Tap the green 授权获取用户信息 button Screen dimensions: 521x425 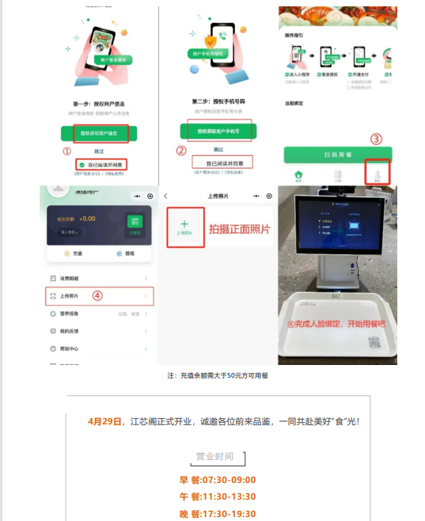point(100,134)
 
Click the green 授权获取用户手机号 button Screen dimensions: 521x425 point(218,129)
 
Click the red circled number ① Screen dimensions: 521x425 point(67,151)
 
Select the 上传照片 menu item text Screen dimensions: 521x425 point(70,297)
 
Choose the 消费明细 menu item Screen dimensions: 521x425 point(70,280)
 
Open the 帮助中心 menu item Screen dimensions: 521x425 point(70,348)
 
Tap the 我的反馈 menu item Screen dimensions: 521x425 point(70,331)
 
